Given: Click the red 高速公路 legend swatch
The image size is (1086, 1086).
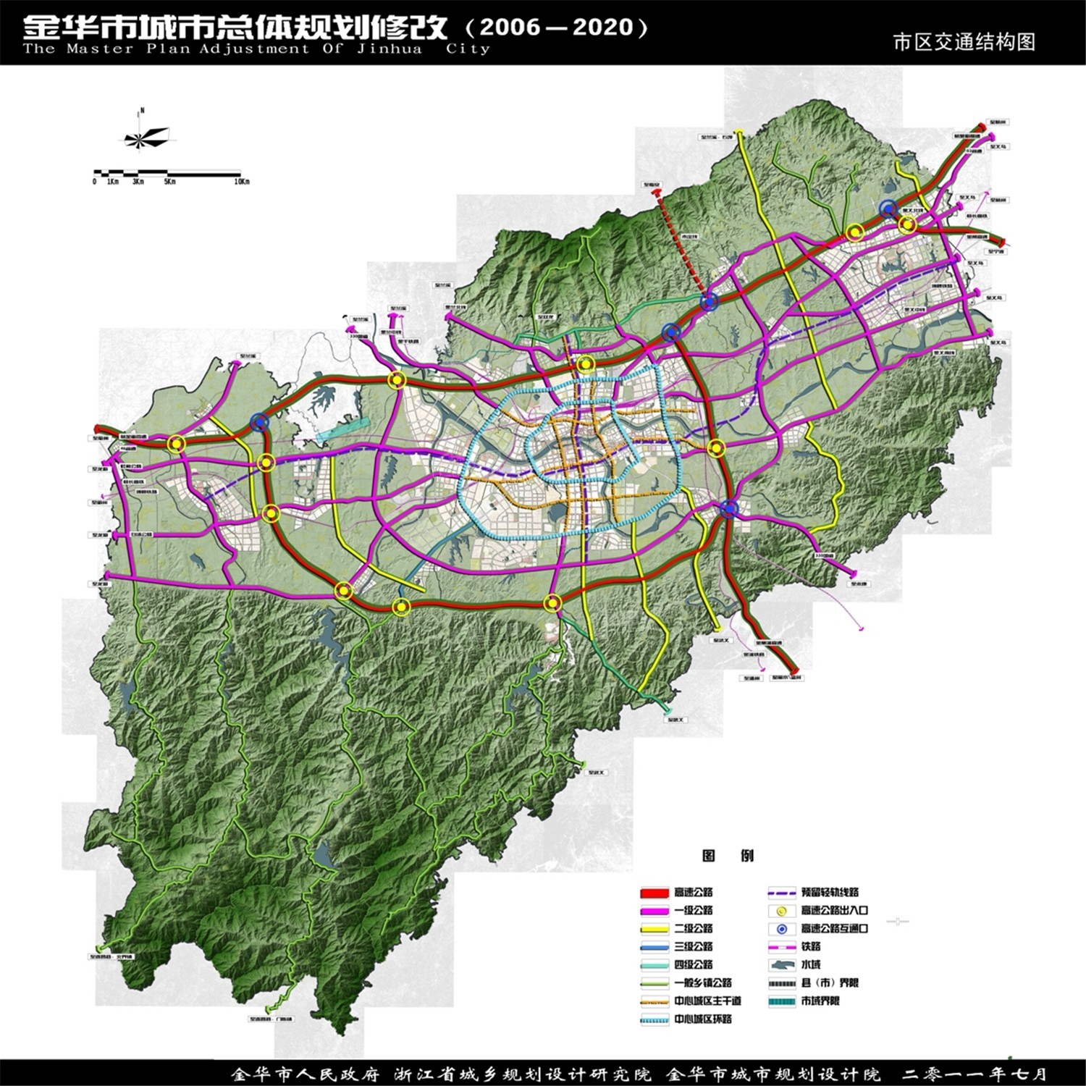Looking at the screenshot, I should (x=654, y=893).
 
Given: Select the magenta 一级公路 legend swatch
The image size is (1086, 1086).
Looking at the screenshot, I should (x=654, y=911).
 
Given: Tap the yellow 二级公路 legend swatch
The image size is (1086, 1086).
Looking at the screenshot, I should (x=654, y=929).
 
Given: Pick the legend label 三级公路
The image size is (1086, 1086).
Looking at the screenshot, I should (x=694, y=947).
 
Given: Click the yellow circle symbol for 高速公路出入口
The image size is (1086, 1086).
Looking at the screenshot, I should (x=782, y=911).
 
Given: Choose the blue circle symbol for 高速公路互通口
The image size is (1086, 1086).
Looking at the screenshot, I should (x=782, y=929).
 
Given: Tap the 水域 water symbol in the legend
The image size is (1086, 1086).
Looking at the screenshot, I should (x=782, y=965).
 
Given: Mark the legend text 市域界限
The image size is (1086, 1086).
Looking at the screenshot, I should (x=820, y=1001).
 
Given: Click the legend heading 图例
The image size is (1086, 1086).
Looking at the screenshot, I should (x=728, y=856).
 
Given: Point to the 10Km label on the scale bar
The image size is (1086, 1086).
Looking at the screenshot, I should (x=242, y=182).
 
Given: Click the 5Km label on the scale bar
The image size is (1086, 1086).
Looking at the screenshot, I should (x=169, y=182).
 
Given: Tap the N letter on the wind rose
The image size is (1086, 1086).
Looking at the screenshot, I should (x=143, y=111).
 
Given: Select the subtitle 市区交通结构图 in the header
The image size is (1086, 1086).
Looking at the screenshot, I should (x=964, y=42).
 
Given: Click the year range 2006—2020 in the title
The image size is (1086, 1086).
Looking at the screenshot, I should (x=556, y=28).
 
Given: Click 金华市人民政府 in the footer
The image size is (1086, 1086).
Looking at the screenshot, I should (x=305, y=1074).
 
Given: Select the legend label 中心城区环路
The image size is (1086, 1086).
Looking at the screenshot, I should (x=703, y=1019).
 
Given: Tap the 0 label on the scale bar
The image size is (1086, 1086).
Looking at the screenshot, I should (x=94, y=182).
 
